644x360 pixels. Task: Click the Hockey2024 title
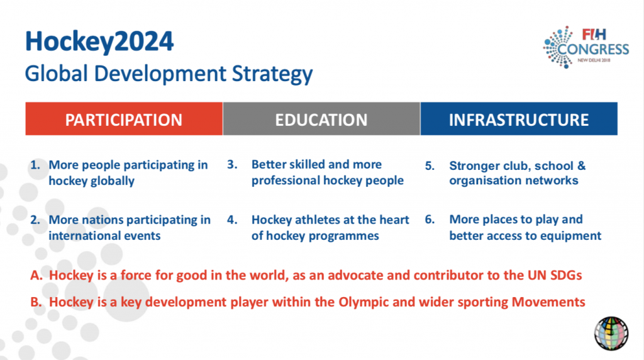pyautogui.click(x=99, y=42)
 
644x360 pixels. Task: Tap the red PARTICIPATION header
pyautogui.click(x=124, y=120)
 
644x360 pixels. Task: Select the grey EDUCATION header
pyautogui.click(x=321, y=120)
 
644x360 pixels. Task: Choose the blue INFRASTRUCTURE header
pyautogui.click(x=519, y=120)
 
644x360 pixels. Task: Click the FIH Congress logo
pyautogui.click(x=586, y=45)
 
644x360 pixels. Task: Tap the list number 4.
pyautogui.click(x=231, y=220)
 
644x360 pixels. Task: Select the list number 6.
pyautogui.click(x=430, y=220)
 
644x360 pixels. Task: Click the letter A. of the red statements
pyautogui.click(x=36, y=276)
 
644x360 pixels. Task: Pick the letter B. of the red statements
pyautogui.click(x=36, y=302)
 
